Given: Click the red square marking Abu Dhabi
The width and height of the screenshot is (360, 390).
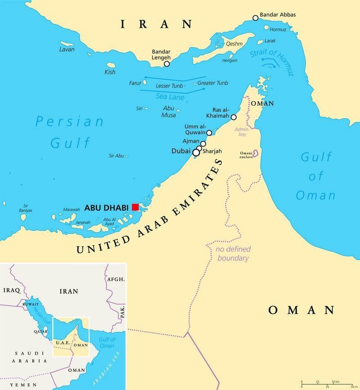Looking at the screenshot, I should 135,207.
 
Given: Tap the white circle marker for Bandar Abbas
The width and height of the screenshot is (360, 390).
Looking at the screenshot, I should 256,18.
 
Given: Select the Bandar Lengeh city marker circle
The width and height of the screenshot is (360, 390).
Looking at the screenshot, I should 166,64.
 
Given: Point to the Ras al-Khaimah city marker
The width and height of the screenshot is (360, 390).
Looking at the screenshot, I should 234,117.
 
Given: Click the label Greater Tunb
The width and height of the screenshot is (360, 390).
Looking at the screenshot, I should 213,83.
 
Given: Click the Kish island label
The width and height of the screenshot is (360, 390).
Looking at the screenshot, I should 110,72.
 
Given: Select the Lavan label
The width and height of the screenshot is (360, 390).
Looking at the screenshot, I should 67,49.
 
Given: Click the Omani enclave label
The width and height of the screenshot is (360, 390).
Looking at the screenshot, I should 246,156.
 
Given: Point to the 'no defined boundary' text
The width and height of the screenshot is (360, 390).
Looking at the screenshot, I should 233,254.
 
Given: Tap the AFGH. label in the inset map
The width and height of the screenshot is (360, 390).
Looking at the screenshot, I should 115,279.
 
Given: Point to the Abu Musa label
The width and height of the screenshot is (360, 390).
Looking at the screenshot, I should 169,111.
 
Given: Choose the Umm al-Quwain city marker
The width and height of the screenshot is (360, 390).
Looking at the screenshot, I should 209,133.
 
